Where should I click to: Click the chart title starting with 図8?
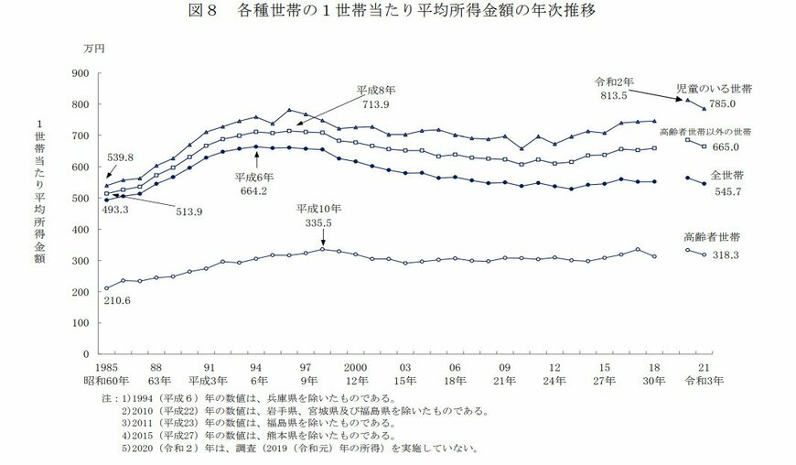click(x=399, y=12)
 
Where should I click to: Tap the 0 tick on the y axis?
click(x=83, y=353)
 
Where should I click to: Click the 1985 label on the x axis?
click(x=107, y=366)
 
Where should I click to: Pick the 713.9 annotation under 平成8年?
click(x=374, y=104)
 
